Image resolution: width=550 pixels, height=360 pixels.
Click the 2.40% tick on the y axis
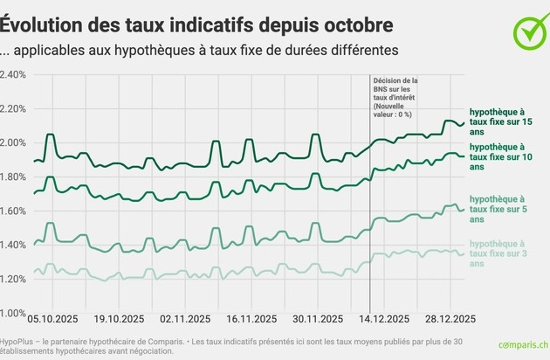(14, 74)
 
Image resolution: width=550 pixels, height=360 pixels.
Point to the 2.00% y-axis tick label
(14, 142)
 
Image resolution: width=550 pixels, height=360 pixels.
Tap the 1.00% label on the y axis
(14, 312)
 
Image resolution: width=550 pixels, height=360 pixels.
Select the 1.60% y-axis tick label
(14, 211)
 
